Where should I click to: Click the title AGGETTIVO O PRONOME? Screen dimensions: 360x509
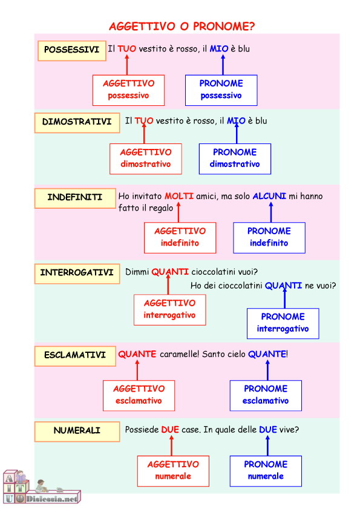tap(182, 26)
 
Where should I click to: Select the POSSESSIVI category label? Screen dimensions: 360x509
tap(72, 51)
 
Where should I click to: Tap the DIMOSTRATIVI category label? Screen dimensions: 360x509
tap(77, 122)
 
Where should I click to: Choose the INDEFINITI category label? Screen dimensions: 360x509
tap(75, 198)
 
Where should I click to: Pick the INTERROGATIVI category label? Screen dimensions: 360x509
tap(77, 274)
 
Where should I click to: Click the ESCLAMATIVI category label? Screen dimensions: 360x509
tap(75, 356)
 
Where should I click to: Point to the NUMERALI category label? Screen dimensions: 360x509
tap(77, 432)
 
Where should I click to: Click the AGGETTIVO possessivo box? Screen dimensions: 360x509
tap(128, 90)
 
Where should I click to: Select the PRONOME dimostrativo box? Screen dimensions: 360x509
tap(235, 159)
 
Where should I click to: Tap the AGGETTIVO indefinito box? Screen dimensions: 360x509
tap(180, 238)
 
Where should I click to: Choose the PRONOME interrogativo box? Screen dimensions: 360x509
tap(283, 323)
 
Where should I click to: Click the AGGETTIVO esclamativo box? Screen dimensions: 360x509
tap(139, 395)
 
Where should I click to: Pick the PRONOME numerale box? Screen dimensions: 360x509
tap(266, 471)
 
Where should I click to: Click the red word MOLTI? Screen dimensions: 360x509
tap(179, 196)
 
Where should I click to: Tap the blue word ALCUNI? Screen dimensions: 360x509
tap(269, 196)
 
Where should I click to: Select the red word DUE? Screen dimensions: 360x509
tap(170, 430)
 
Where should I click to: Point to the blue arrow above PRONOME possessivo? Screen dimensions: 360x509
tap(223, 65)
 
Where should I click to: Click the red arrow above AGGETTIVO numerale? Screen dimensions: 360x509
tap(171, 445)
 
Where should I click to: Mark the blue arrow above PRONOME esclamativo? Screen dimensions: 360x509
tap(267, 370)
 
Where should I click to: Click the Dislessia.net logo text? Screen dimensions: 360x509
tap(52, 498)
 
